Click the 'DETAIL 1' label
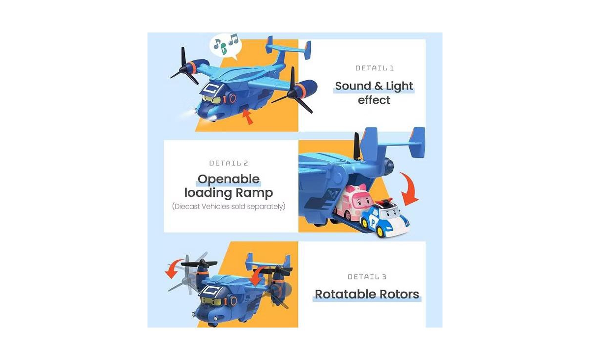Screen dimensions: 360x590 374,68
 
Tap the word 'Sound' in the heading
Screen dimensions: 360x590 353,86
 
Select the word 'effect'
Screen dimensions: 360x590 374,100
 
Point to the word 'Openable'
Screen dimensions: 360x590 229,179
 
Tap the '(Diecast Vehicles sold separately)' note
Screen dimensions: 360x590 229,207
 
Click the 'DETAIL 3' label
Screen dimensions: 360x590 367,277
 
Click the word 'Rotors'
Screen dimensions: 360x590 399,294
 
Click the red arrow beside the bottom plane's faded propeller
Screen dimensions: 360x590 174,269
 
